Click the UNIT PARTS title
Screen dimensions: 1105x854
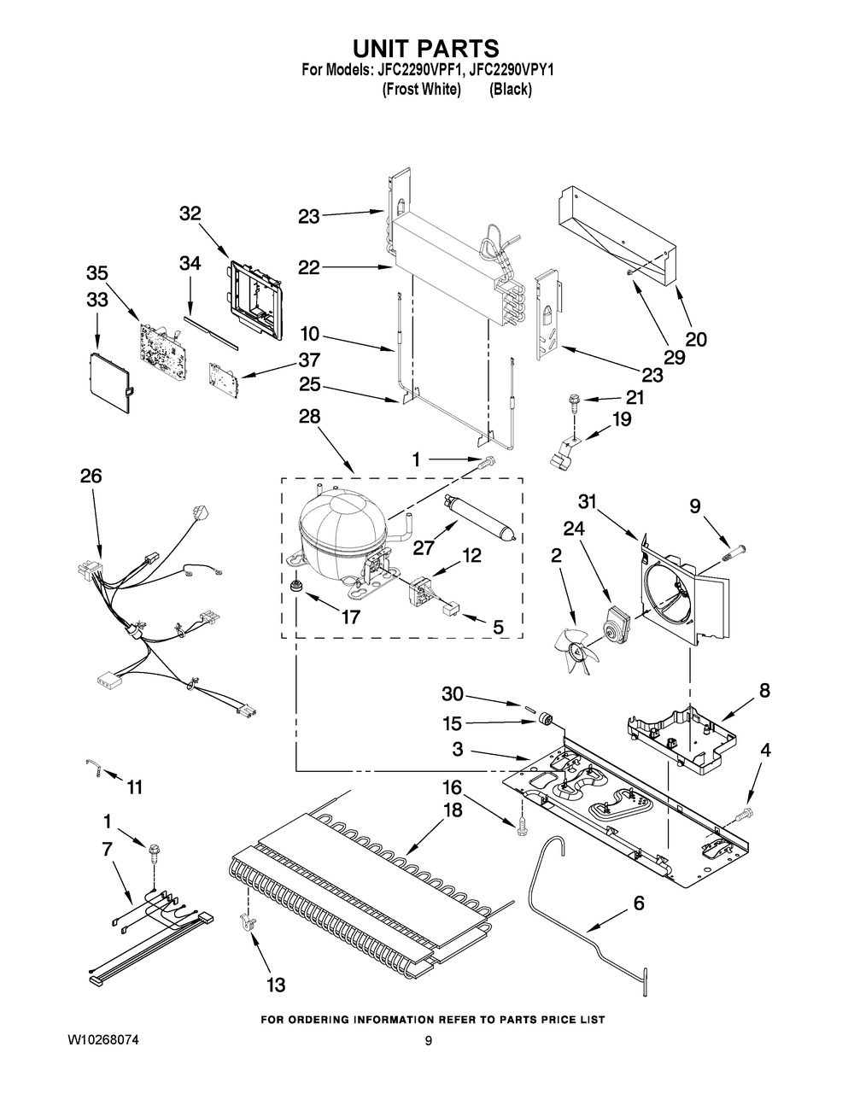point(426,48)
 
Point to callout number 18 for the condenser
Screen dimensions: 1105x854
point(453,810)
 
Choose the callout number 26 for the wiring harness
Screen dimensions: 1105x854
point(91,476)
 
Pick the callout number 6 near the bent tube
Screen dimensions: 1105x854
point(639,904)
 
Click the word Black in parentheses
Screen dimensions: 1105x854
point(510,89)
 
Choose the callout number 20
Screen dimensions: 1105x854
point(696,339)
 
